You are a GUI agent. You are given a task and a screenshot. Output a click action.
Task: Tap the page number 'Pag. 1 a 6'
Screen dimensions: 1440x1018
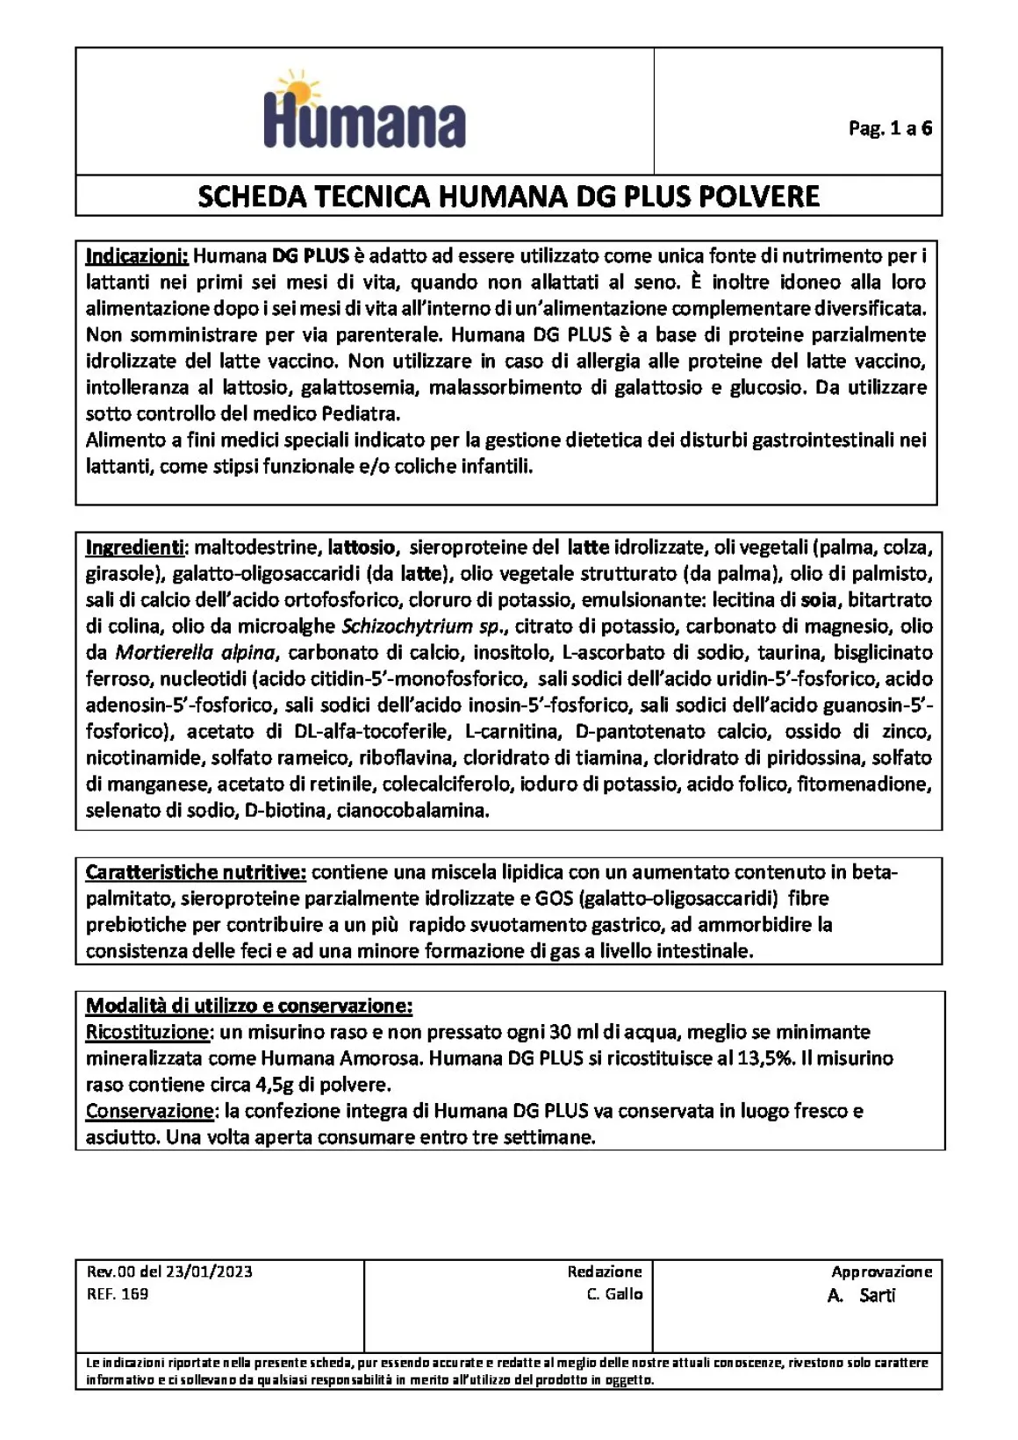[889, 129]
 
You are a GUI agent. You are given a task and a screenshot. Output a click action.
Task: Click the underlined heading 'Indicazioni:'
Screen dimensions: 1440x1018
[137, 256]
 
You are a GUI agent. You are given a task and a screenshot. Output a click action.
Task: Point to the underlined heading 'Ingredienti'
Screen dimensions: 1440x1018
[134, 548]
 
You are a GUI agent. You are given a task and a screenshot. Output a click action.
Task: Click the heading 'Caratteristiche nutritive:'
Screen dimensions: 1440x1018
[196, 872]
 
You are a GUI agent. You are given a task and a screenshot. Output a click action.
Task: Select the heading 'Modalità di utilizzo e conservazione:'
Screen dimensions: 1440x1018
[248, 1006]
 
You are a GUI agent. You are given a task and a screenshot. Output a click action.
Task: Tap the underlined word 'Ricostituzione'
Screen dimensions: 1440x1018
[147, 1032]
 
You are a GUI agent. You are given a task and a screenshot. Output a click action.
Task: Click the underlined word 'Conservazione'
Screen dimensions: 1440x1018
[149, 1111]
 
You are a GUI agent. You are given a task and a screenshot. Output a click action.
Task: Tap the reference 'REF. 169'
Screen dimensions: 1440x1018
[118, 1293]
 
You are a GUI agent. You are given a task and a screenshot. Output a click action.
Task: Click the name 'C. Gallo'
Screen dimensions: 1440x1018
[614, 1293]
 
